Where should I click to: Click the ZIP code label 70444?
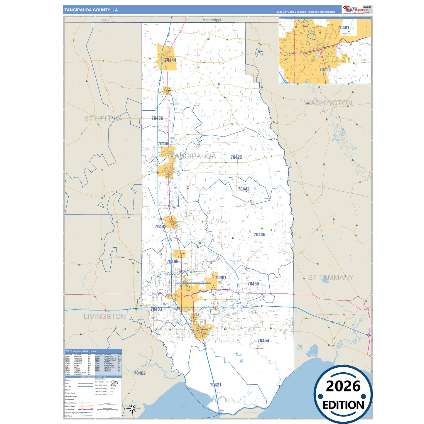point(170,60)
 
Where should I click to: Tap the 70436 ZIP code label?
point(157,118)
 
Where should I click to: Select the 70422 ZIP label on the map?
point(236,157)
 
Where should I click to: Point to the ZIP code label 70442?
point(244,189)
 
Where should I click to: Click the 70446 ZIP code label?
point(259,234)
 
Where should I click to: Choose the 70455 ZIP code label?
point(253,284)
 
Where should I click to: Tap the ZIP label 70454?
point(263,341)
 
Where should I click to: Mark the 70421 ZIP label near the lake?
point(216,385)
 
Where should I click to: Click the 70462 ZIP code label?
point(140,373)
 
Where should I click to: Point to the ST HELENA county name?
point(103,119)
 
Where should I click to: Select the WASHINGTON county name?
point(328,103)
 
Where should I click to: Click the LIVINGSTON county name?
point(105,316)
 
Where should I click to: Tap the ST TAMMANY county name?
point(331,277)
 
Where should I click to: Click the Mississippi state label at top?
point(212,20)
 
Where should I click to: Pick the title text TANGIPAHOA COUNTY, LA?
point(91,10)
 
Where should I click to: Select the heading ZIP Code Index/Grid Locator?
point(81,351)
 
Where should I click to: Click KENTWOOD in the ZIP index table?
point(78,374)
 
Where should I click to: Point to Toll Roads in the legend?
point(69,416)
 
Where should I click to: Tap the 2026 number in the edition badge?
point(343,386)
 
